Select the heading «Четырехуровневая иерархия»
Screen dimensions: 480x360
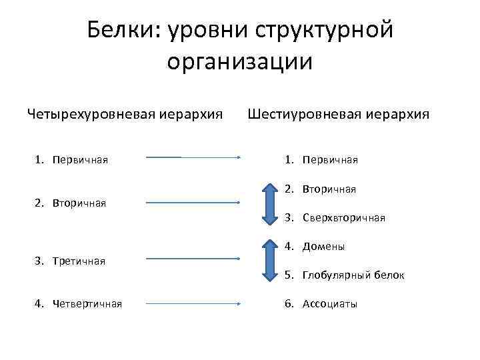click(x=125, y=114)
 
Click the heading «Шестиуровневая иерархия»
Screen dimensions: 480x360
click(x=339, y=114)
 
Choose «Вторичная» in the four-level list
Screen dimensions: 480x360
click(x=79, y=203)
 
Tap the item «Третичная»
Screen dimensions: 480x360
click(x=79, y=261)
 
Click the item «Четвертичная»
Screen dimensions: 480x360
click(x=87, y=304)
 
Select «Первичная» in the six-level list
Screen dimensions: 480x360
click(x=330, y=160)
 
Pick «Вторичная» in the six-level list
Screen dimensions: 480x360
click(x=329, y=189)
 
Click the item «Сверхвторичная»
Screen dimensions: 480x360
click(x=343, y=217)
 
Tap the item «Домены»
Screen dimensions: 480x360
click(x=323, y=247)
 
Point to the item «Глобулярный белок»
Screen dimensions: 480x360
click(x=353, y=275)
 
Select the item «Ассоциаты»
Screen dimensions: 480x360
click(x=330, y=304)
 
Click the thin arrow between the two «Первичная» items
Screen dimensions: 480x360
click(x=193, y=158)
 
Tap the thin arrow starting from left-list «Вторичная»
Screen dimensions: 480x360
click(x=193, y=202)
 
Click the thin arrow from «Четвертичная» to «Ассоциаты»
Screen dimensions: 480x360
click(x=193, y=303)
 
